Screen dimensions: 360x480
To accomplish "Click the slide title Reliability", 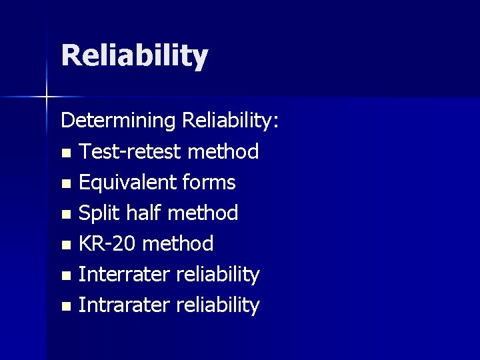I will (x=135, y=55).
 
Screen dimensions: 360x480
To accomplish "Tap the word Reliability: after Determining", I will (x=231, y=121).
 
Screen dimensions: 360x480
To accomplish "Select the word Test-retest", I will (x=130, y=152).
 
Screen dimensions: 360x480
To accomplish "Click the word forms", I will (x=211, y=182).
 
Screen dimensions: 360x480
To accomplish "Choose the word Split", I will (x=99, y=213).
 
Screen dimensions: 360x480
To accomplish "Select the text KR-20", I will (x=107, y=244).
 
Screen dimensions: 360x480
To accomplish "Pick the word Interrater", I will (x=125, y=274).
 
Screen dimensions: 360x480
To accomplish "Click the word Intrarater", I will (x=125, y=305).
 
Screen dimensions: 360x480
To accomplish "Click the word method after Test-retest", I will (x=223, y=152).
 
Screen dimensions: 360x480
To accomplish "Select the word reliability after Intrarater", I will (x=217, y=305).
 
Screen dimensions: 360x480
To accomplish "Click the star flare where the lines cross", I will (x=47, y=97).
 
